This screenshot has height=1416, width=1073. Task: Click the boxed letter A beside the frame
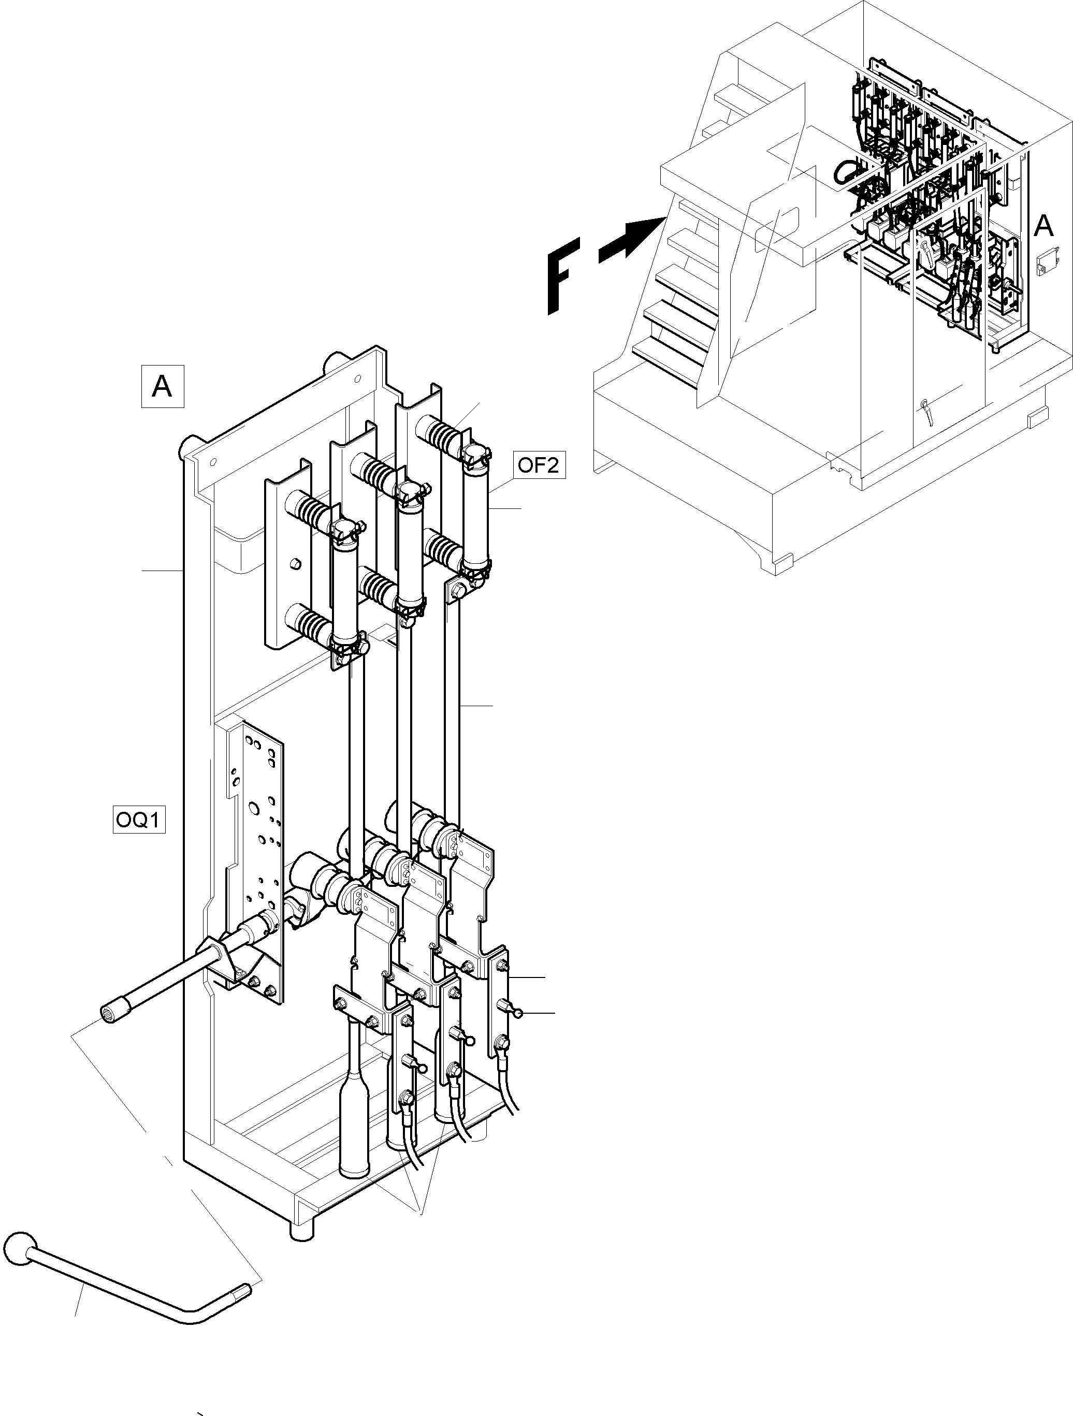162,386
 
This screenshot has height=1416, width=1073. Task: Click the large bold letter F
563,275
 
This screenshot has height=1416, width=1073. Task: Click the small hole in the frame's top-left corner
213,461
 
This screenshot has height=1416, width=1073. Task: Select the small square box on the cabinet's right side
1045,262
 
